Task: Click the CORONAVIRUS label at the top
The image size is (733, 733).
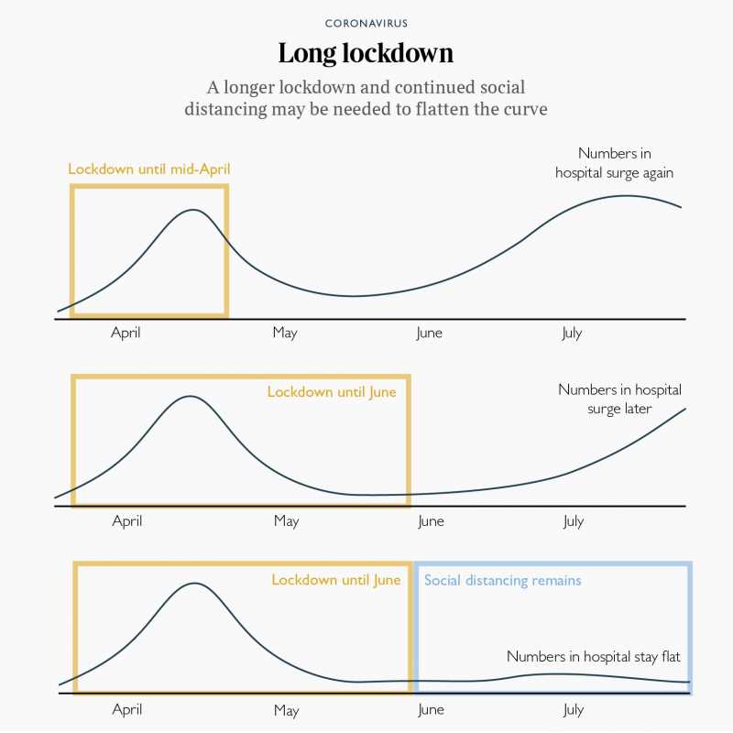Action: (x=366, y=22)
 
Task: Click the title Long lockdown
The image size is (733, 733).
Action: (x=366, y=53)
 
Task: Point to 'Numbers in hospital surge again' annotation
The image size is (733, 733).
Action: (x=616, y=163)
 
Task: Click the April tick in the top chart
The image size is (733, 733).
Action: (x=126, y=333)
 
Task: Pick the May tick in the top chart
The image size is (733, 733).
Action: (x=285, y=333)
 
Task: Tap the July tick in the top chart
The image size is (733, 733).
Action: (x=572, y=333)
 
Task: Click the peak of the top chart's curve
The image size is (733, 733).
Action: (x=193, y=210)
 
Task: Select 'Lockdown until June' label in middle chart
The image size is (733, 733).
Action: (x=332, y=392)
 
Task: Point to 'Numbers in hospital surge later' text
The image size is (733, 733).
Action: (x=619, y=399)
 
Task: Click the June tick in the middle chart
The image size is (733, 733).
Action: (x=431, y=521)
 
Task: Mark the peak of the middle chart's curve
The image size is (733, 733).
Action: (x=190, y=397)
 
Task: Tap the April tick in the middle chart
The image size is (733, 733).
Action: (x=127, y=521)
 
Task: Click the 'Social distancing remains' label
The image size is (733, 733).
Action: (x=503, y=581)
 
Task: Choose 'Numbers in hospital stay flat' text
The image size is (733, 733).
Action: (x=594, y=657)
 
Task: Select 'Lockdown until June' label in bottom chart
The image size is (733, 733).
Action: (x=335, y=581)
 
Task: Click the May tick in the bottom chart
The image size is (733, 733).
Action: (x=287, y=710)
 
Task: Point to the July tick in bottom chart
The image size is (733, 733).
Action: (x=574, y=710)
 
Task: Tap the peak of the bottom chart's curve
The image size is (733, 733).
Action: (x=194, y=583)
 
